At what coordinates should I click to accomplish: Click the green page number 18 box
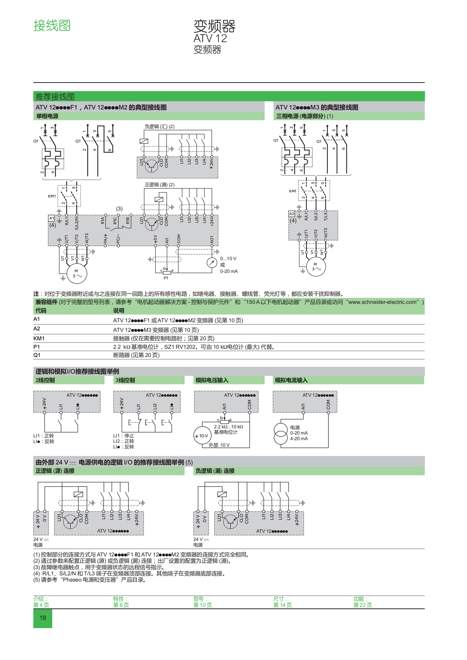coord(43,618)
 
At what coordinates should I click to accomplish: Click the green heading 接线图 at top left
coord(52,26)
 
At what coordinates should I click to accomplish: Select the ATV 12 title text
coord(210,38)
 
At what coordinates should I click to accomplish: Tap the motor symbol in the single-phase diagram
coord(77,273)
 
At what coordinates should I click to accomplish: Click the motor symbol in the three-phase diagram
coord(316,267)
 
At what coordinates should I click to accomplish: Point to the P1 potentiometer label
coord(166,278)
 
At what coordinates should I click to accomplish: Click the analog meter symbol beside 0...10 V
coord(212,262)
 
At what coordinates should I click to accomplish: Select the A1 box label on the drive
coord(51,218)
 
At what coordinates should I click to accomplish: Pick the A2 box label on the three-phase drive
coord(292,214)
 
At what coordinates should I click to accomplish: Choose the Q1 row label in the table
coord(37,355)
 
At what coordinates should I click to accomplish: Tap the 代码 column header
coord(41,310)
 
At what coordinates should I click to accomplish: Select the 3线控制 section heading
coord(125,380)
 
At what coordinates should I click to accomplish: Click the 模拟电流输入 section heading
coord(291,380)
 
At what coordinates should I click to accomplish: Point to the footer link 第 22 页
coord(363,605)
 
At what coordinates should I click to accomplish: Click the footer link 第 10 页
coord(202,605)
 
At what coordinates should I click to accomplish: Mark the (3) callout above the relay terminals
coord(119,209)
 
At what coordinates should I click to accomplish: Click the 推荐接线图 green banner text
coord(55,97)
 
